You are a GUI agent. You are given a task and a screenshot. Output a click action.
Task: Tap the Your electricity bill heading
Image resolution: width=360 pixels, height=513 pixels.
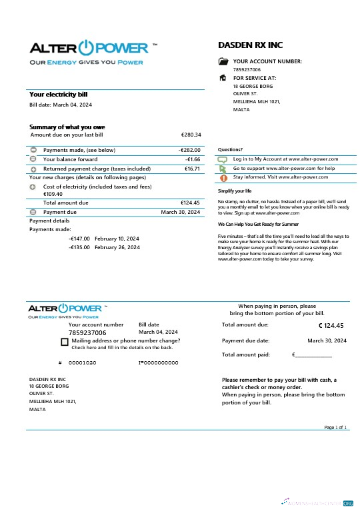point(59,95)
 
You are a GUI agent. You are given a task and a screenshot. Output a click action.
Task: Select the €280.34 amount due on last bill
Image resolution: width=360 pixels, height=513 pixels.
point(191,135)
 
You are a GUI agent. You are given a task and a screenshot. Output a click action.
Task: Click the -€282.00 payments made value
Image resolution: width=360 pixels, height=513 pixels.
point(189,150)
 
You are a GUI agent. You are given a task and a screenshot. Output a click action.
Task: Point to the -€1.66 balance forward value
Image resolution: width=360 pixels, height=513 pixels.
point(193,159)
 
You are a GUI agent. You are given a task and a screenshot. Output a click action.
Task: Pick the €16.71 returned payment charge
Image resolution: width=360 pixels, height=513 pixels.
point(192,169)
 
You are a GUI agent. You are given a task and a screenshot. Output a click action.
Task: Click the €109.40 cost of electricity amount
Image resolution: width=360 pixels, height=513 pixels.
point(53,194)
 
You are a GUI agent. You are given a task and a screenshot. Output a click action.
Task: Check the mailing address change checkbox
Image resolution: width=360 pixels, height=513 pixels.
point(65,342)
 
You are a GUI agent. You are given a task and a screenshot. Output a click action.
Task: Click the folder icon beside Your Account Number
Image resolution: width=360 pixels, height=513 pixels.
point(223,61)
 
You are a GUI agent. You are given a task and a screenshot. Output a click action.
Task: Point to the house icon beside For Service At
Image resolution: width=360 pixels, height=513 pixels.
point(223,78)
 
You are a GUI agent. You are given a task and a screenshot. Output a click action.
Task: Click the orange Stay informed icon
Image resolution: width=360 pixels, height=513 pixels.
point(223,178)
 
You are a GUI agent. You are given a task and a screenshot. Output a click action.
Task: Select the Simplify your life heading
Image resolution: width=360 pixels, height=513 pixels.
point(235,191)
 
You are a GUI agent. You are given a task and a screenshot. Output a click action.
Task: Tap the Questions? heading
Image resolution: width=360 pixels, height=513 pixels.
point(231,150)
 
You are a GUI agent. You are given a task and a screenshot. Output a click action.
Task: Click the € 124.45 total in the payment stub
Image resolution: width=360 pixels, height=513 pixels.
point(331,326)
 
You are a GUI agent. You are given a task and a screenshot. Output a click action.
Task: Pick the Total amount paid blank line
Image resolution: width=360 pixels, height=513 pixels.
point(313,355)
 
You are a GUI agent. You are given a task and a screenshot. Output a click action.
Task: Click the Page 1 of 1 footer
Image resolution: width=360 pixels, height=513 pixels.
point(335,427)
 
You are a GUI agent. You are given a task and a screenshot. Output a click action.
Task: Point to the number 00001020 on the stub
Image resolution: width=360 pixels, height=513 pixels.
point(82,362)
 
